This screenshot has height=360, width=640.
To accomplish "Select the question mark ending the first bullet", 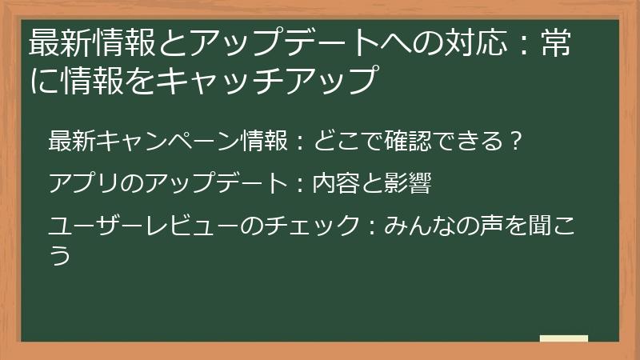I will (516, 141).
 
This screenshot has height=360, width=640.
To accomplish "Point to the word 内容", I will (335, 185).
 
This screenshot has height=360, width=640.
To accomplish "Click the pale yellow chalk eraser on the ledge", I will (564, 338).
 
